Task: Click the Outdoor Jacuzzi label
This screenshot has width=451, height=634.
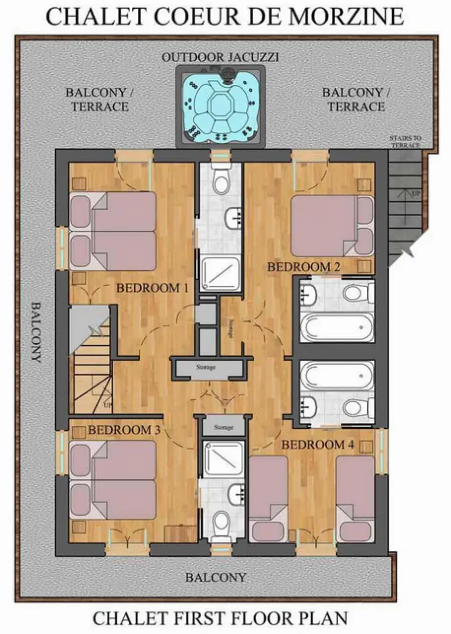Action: (x=220, y=58)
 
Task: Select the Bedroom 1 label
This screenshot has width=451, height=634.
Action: (x=152, y=288)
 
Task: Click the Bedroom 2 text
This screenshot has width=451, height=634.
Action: (x=304, y=267)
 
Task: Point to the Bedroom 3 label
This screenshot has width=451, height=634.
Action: (x=124, y=430)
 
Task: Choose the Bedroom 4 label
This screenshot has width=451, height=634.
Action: (x=318, y=444)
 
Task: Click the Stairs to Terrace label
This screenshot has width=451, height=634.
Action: (x=405, y=141)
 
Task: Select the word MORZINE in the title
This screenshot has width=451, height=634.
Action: (x=347, y=17)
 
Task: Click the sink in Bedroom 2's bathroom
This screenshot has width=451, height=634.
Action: (x=308, y=293)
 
